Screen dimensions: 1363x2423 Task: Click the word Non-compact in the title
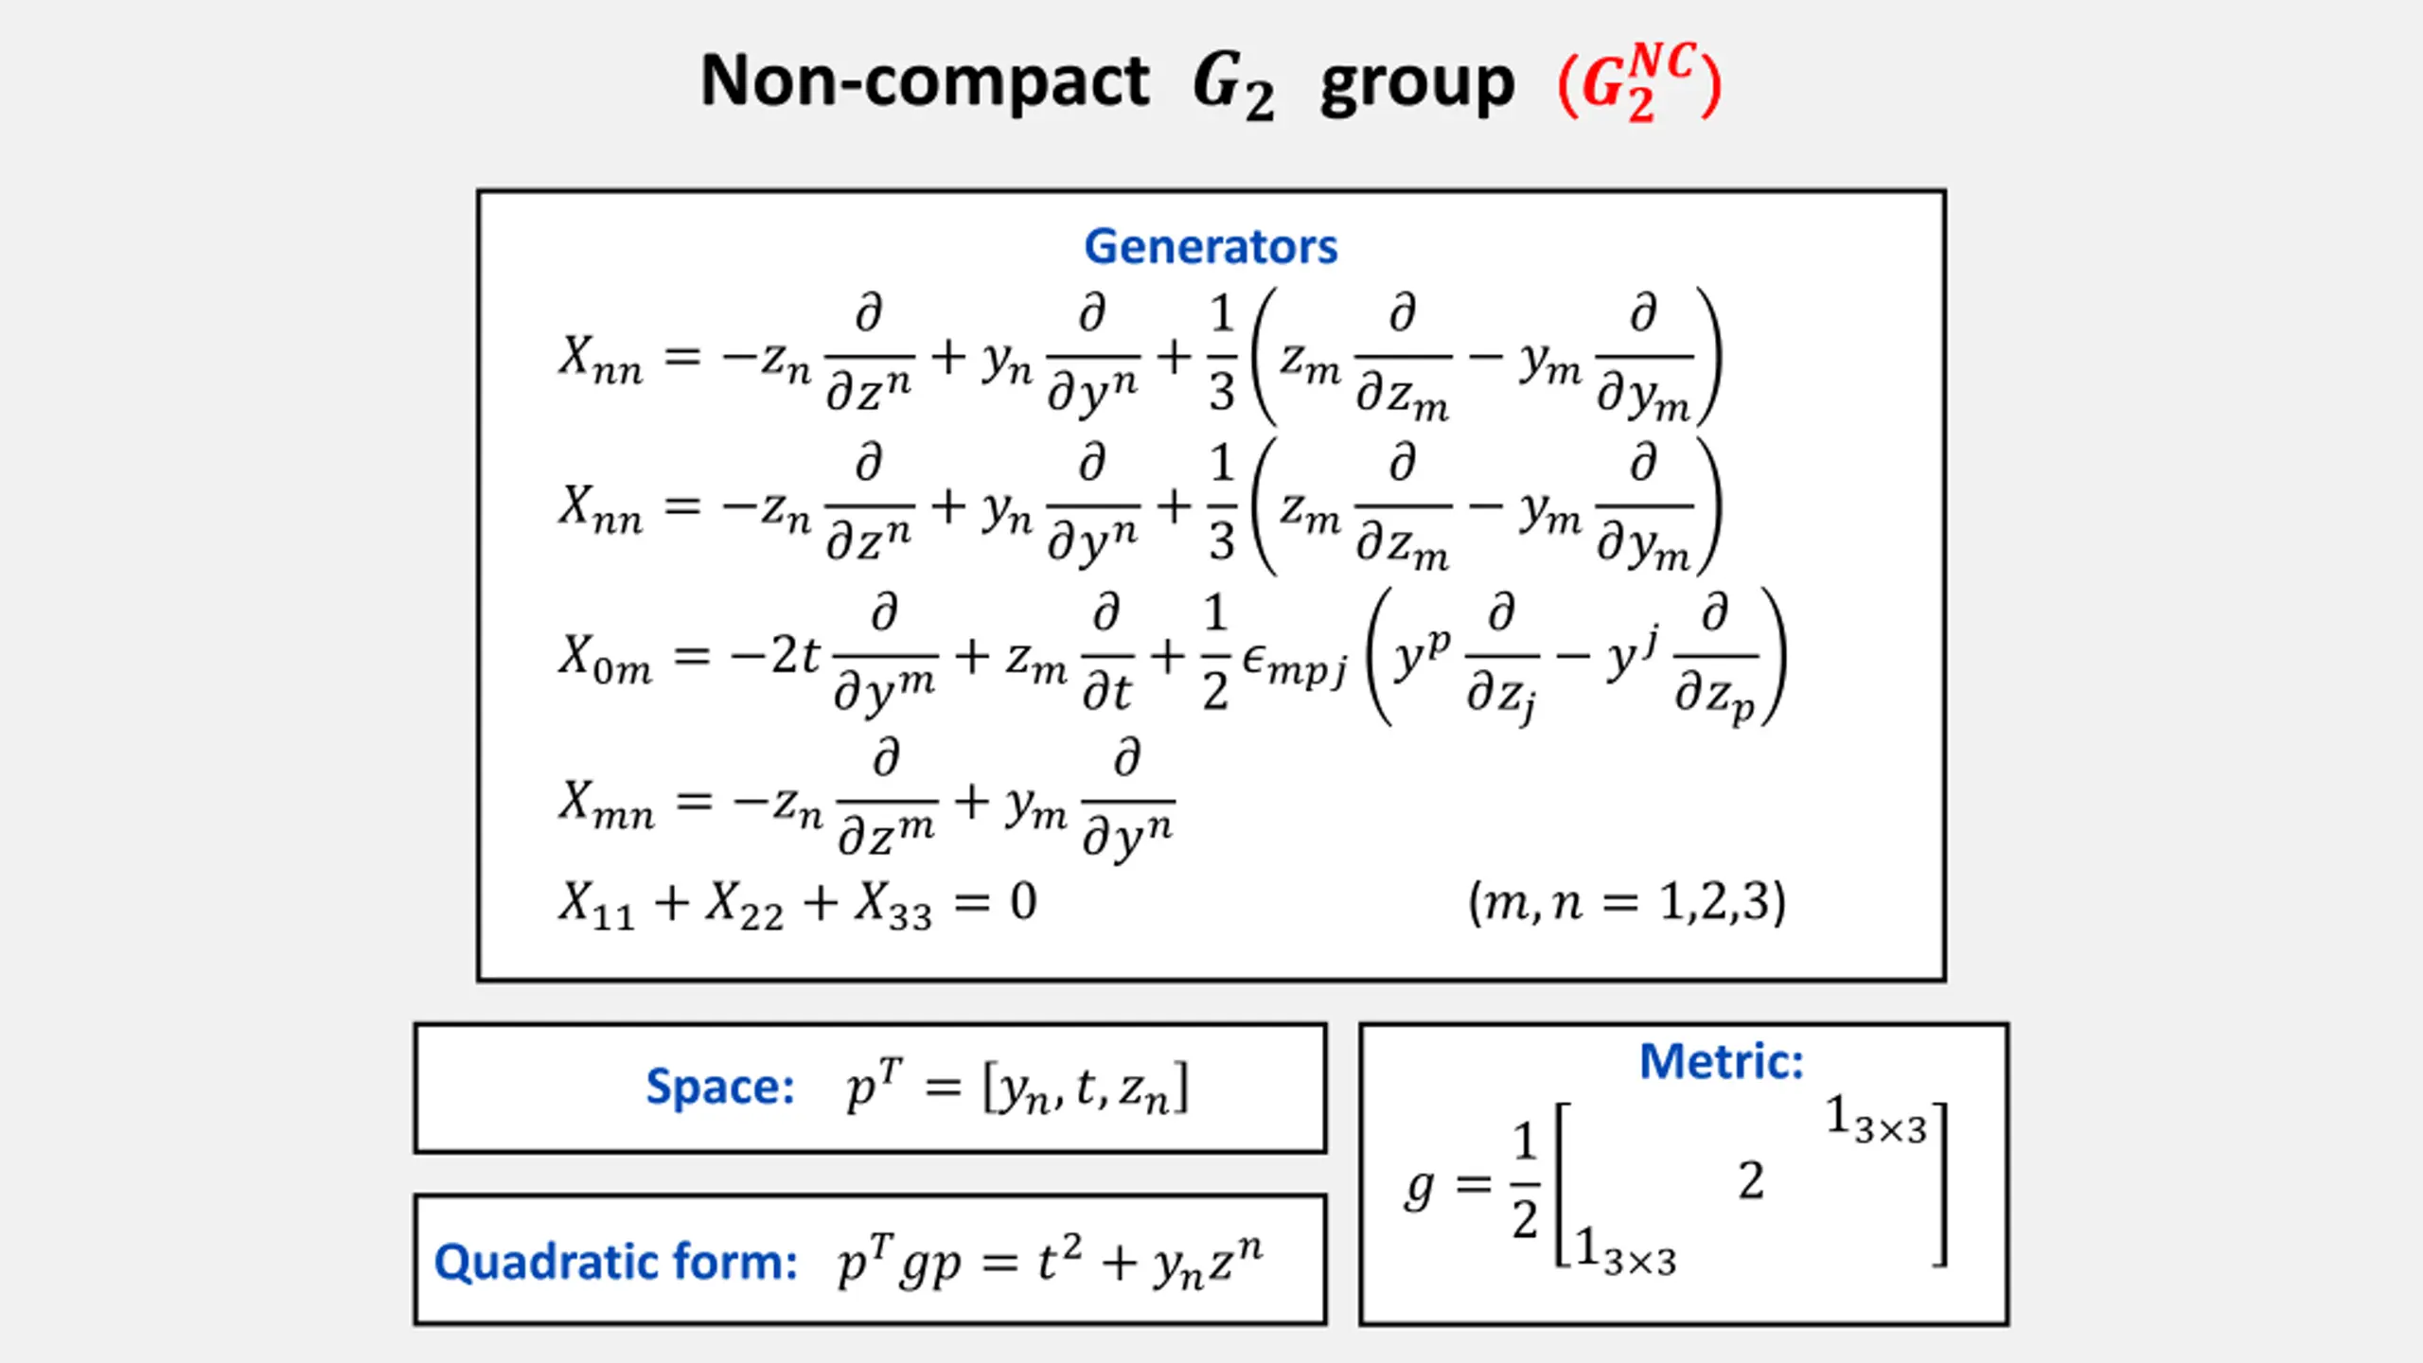click(924, 81)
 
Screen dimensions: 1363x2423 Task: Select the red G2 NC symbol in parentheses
click(1639, 83)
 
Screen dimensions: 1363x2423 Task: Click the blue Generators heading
click(1211, 247)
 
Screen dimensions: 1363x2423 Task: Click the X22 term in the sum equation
click(744, 905)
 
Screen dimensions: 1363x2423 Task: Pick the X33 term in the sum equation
click(893, 905)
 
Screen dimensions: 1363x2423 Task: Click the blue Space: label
click(719, 1087)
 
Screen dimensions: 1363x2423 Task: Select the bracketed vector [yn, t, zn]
click(1086, 1089)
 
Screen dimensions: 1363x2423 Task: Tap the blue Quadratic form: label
click(615, 1262)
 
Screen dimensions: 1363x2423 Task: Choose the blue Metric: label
click(1721, 1061)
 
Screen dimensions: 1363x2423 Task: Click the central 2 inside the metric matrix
click(1751, 1181)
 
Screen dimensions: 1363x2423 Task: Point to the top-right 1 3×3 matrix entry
click(1875, 1120)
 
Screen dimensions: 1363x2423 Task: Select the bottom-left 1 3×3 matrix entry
click(1625, 1251)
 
